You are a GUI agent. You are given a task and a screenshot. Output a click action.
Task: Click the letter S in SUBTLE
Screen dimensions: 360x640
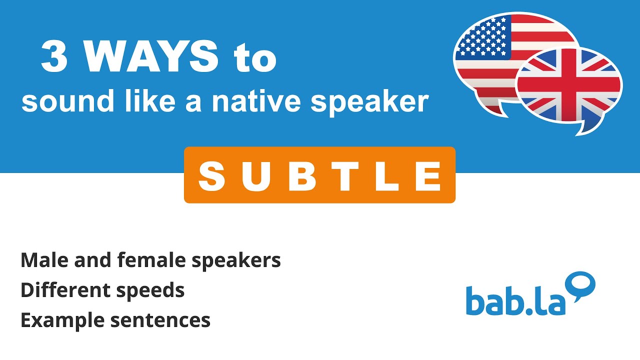211,176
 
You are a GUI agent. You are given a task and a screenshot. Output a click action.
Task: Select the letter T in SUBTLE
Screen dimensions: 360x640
345,176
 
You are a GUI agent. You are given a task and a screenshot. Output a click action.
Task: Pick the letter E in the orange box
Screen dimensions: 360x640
429,176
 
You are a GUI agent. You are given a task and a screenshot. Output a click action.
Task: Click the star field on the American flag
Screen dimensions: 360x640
482,37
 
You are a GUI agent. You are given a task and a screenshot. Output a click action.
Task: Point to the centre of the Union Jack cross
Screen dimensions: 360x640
569,84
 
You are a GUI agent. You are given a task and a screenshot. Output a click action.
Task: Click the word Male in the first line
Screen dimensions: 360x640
41,260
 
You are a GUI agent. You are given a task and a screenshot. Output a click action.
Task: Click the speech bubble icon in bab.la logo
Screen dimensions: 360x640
581,285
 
